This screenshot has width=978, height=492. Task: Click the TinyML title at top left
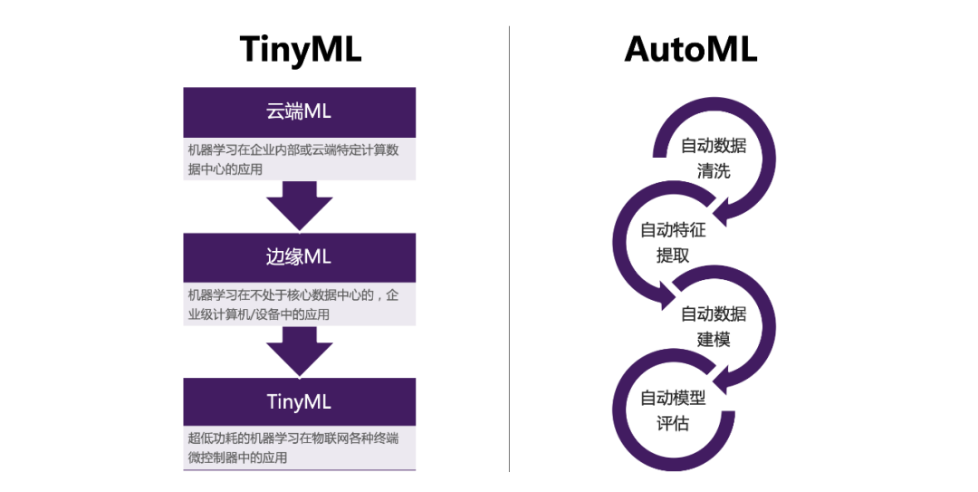(x=301, y=50)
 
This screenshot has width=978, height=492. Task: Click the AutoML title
(x=690, y=49)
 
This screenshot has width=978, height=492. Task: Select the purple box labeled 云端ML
(x=300, y=112)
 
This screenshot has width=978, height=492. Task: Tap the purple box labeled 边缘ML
(x=300, y=257)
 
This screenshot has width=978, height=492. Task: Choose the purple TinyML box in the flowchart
(x=300, y=402)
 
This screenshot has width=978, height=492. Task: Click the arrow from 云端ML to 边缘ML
(x=300, y=206)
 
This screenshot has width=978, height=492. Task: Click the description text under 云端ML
(x=293, y=159)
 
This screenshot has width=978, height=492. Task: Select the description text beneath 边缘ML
(x=293, y=304)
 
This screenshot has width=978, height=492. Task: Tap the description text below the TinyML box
(x=293, y=448)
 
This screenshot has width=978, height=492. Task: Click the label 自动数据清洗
(x=713, y=158)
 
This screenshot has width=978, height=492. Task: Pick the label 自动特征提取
(x=673, y=242)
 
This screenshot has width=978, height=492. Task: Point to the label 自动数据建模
(x=713, y=326)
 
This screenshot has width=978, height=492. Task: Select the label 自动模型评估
(x=673, y=410)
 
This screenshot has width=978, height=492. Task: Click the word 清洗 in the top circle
(x=713, y=171)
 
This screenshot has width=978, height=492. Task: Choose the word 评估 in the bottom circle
(x=673, y=423)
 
